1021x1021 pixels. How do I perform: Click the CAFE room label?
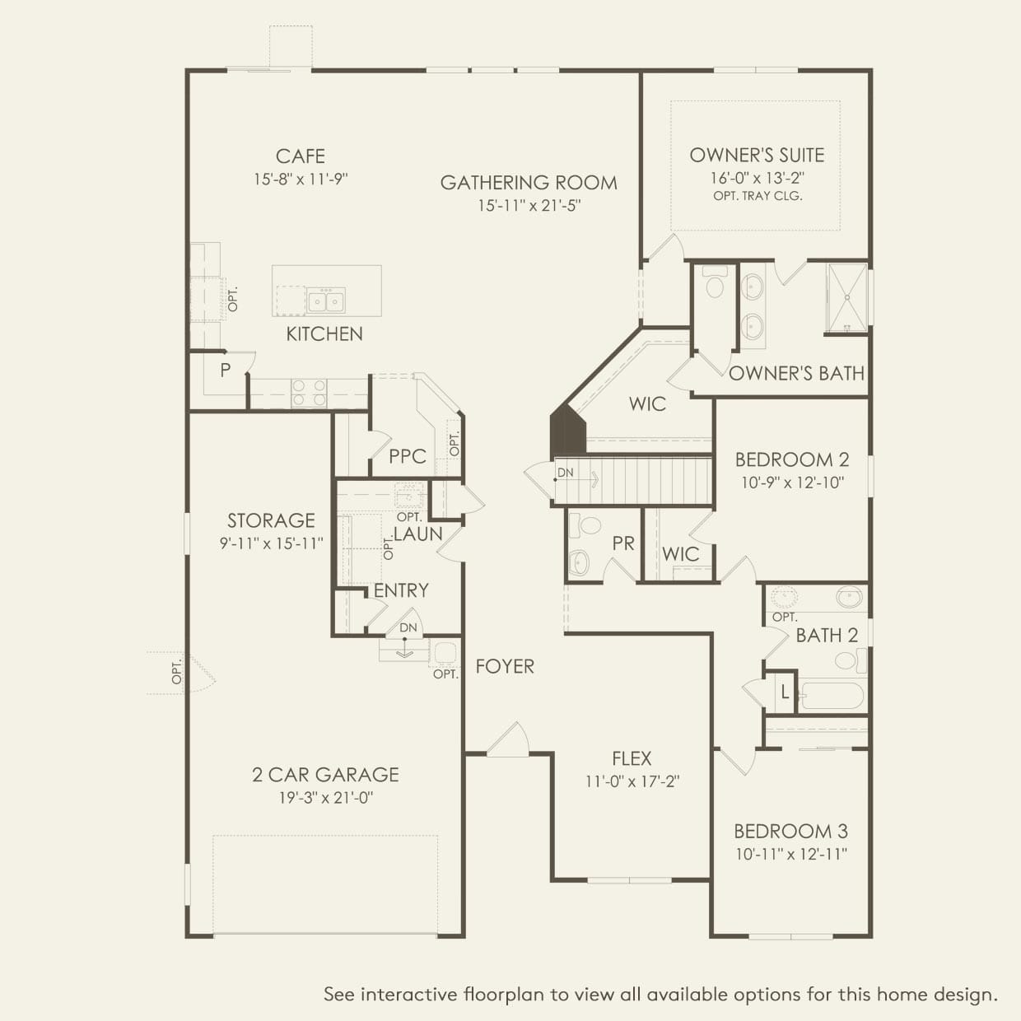[301, 156]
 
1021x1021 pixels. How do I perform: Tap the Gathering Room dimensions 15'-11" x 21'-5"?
[529, 206]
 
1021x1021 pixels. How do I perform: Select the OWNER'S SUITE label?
[758, 156]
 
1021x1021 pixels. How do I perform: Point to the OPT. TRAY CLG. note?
[758, 196]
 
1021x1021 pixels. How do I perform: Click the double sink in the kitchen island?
[326, 301]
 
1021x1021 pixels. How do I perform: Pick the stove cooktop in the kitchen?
[309, 393]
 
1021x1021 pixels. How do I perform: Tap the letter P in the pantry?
[225, 370]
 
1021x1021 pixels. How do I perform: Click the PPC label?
[408, 456]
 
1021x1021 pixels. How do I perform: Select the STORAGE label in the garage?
[271, 520]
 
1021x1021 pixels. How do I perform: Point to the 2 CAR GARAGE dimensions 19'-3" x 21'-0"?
[326, 797]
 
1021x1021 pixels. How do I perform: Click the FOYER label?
[505, 666]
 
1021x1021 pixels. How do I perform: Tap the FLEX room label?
[632, 758]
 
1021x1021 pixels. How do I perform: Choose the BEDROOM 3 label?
[791, 832]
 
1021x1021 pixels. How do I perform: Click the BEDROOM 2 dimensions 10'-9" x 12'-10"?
[793, 483]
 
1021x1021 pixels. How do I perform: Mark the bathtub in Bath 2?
[831, 696]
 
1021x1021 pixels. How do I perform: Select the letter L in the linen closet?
[785, 692]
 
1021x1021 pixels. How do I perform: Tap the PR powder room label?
[623, 543]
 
